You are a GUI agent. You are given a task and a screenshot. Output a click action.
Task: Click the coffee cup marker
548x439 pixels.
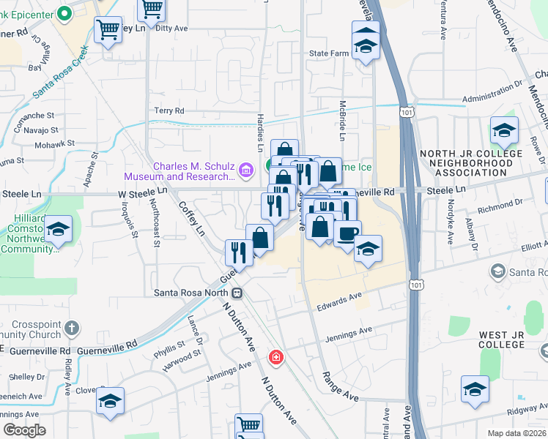pos(347,233)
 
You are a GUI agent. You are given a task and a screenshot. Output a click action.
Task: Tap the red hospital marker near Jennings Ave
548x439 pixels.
pos(275,358)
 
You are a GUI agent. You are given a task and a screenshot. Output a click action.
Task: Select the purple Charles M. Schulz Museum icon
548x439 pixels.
pos(245,171)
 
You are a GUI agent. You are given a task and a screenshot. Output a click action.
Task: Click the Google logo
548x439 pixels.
pos(24,430)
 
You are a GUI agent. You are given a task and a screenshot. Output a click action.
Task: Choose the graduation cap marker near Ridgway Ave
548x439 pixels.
pos(475,389)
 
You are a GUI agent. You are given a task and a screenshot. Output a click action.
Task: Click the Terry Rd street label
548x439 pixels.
pos(169,110)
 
